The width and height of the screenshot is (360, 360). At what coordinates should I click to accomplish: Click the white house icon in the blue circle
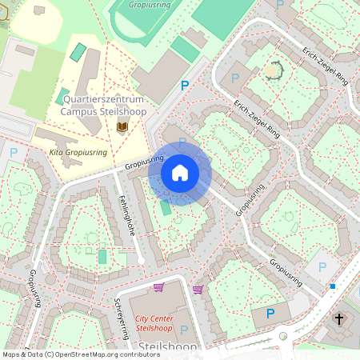[x=180, y=172]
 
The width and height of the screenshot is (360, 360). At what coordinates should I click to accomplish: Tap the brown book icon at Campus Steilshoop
[x=122, y=128]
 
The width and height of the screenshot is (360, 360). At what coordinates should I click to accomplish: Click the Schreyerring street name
[x=122, y=317]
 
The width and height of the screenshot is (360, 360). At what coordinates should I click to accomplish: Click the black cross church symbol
[x=339, y=319]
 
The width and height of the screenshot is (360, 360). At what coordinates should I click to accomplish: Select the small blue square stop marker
[x=333, y=286]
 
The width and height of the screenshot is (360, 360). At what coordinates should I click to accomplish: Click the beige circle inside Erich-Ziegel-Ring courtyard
[x=273, y=71]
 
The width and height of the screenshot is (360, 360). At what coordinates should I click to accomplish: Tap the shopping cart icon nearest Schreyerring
[x=158, y=287]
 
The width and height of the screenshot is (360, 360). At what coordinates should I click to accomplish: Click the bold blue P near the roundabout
[x=270, y=314]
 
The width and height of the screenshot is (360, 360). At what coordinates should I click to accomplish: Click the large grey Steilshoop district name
[x=168, y=346]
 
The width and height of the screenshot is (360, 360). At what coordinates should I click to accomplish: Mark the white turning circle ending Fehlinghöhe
[x=141, y=261]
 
